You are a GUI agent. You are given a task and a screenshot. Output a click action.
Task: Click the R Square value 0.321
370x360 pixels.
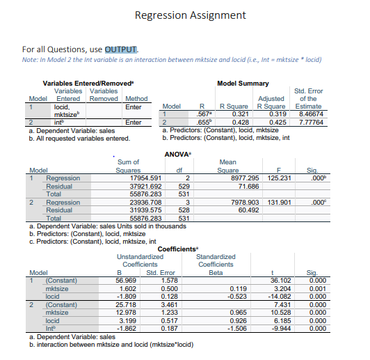[x=239, y=113]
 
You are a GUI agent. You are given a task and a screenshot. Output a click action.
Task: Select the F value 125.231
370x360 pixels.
[x=282, y=178]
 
